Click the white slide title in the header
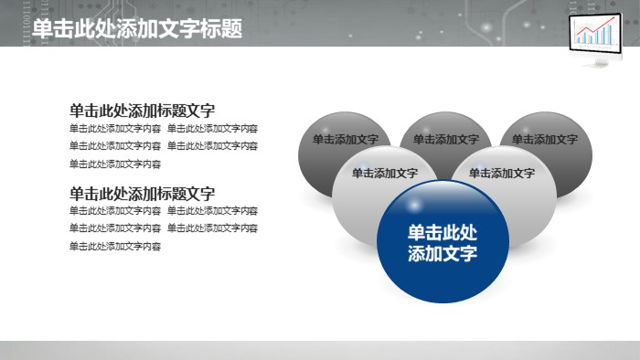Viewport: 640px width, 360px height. click(137, 29)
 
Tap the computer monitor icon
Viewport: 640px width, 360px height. click(594, 37)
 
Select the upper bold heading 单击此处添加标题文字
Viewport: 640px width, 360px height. click(143, 110)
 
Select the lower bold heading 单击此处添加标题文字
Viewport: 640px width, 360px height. click(143, 193)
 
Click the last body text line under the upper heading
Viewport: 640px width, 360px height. click(115, 164)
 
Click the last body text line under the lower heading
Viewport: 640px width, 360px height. click(115, 247)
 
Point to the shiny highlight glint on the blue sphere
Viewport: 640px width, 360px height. click(414, 202)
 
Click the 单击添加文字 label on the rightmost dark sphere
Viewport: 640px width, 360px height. click(545, 140)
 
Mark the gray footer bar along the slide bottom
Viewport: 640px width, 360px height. click(320, 351)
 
